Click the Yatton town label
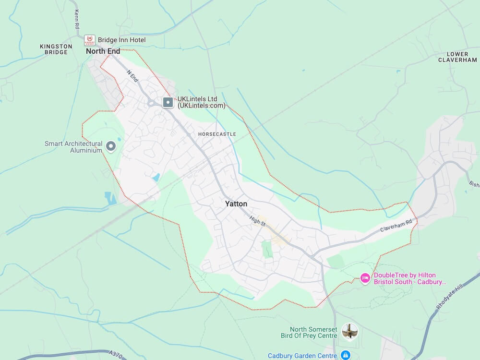coord(236,204)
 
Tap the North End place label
coord(103,51)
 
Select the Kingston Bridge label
coord(56,49)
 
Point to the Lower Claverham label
coord(457,57)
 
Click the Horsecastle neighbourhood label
coord(217,134)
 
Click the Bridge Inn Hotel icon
coord(89,40)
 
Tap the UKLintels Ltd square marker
coord(168,102)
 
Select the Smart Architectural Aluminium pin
coord(111,146)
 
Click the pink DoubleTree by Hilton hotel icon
coord(365,278)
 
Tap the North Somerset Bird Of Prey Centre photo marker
coord(350,331)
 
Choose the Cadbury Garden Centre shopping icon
coord(345,355)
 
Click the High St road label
coord(258,221)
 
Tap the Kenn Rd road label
coord(76,18)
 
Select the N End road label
coord(132,76)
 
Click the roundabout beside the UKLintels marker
coord(152,102)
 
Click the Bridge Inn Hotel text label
coord(121,40)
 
